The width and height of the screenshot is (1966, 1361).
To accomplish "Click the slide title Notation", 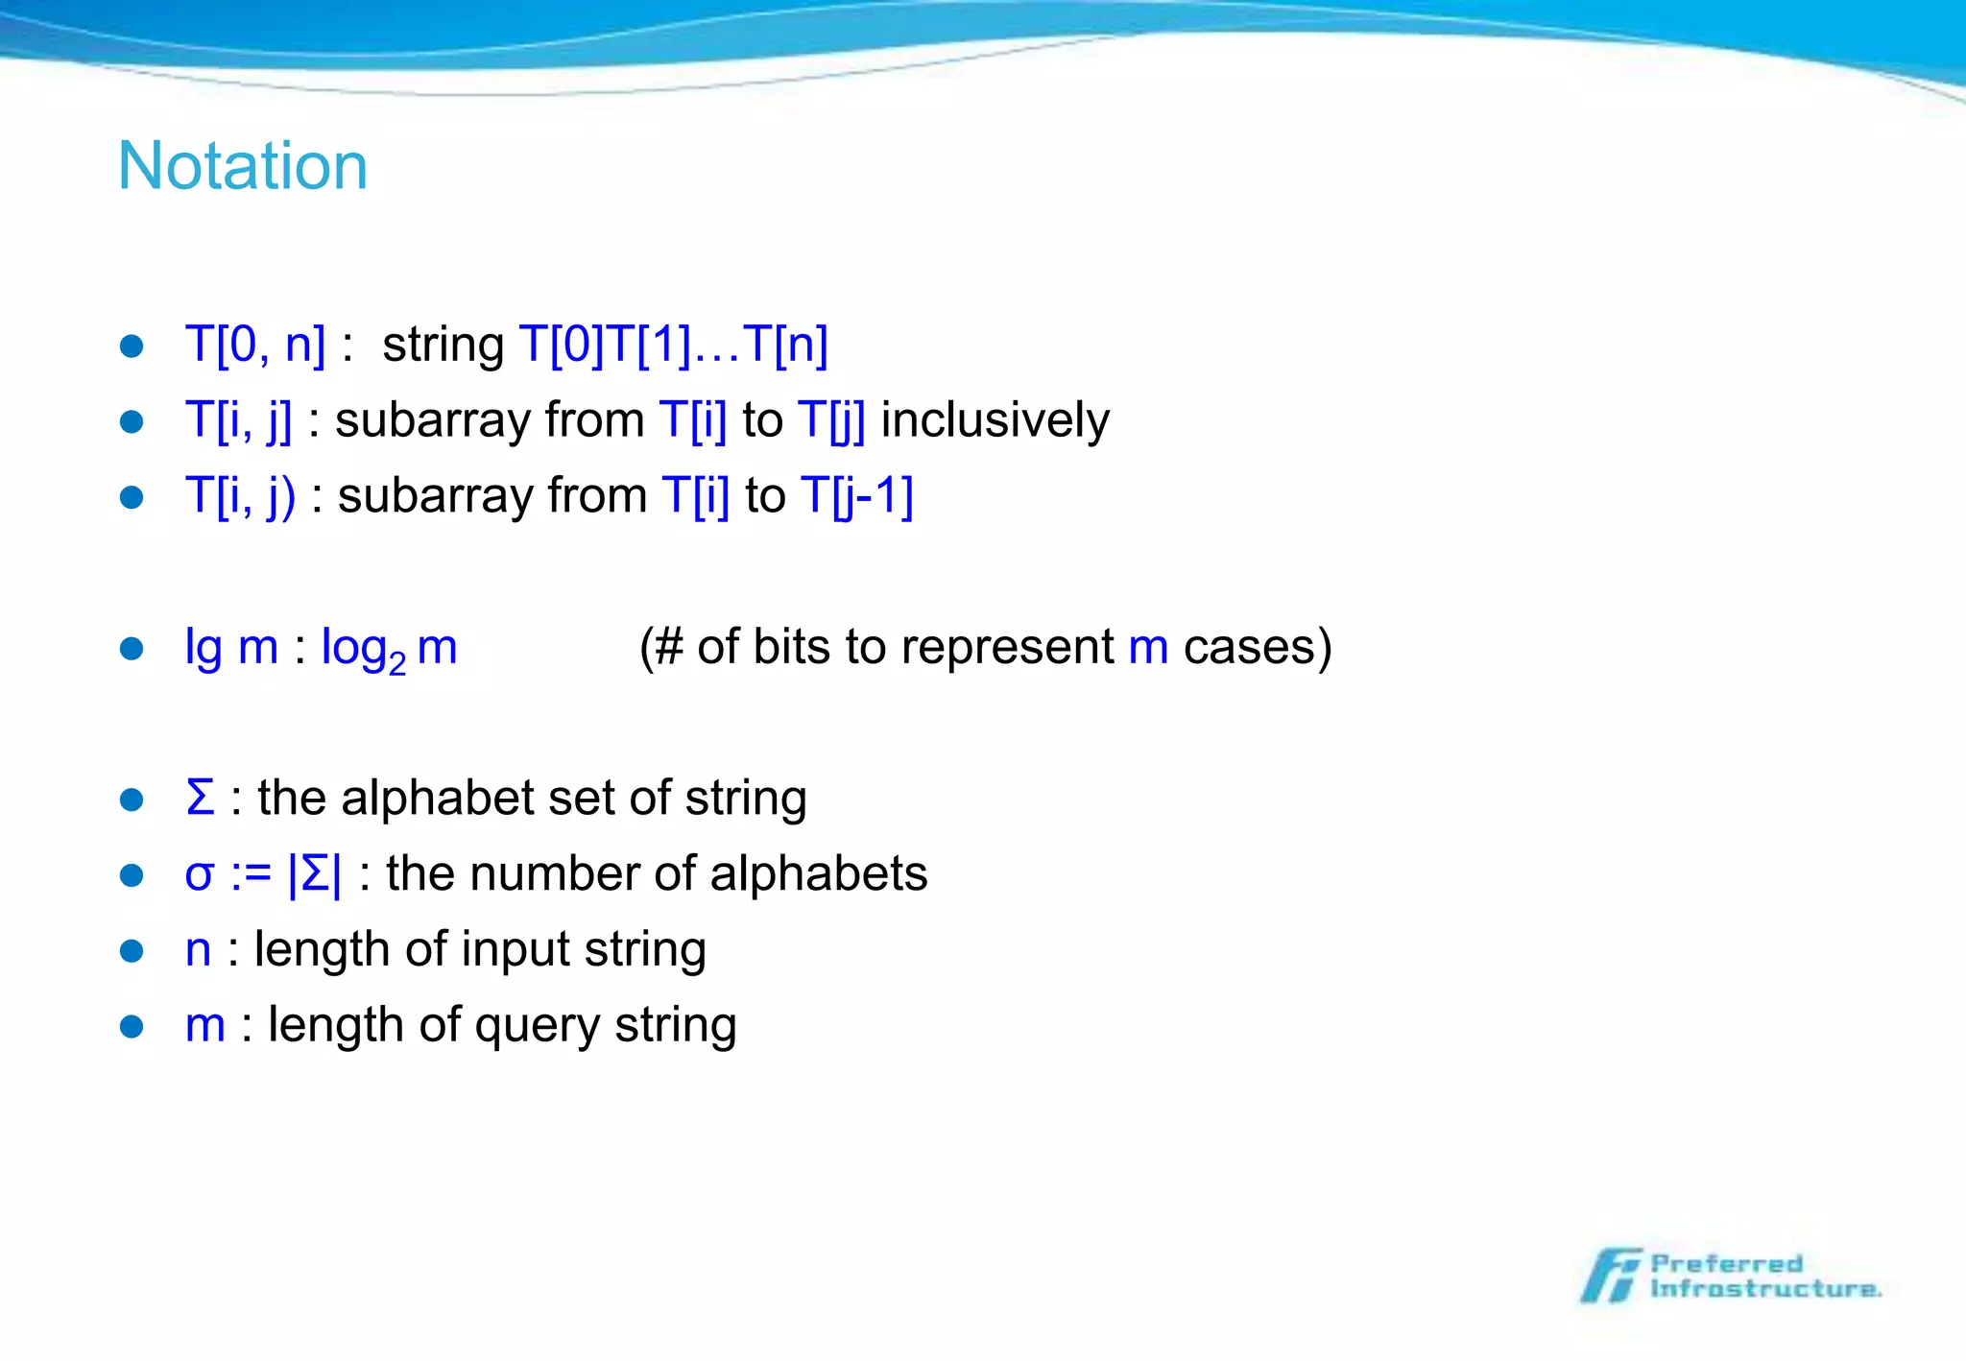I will coord(243,166).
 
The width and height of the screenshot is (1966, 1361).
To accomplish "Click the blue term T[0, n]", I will coord(255,345).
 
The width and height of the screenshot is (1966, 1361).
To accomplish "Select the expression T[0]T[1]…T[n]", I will coord(673,345).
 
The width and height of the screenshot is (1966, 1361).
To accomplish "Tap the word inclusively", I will coord(995,420).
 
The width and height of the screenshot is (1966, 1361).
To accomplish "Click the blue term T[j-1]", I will coord(857,496).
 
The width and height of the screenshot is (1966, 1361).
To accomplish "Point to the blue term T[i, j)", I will coord(240,496).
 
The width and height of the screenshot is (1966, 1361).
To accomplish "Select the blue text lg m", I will coord(231,648).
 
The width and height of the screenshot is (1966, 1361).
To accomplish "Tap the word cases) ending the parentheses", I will coord(1258,648).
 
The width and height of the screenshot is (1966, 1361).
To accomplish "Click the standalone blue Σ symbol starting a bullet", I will coord(200,799).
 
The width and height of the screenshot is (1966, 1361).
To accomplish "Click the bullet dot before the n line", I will coord(132,951).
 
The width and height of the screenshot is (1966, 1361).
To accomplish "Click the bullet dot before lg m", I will coord(132,649).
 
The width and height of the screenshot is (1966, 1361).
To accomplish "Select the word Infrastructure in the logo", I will coord(1764,1289).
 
